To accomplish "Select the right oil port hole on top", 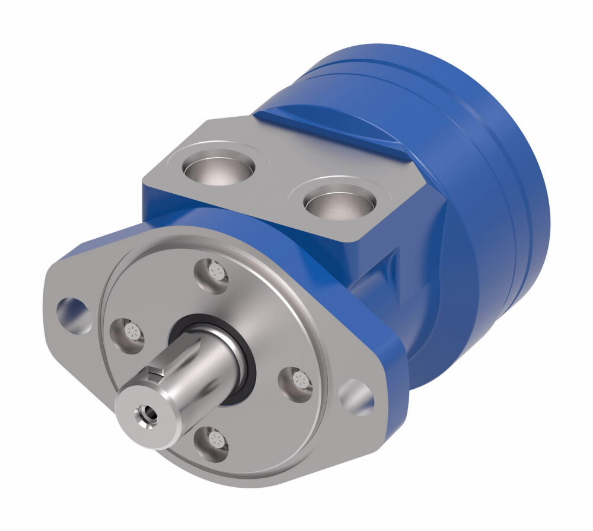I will pyautogui.click(x=338, y=203).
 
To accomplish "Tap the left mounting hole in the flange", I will pyautogui.click(x=74, y=309).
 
